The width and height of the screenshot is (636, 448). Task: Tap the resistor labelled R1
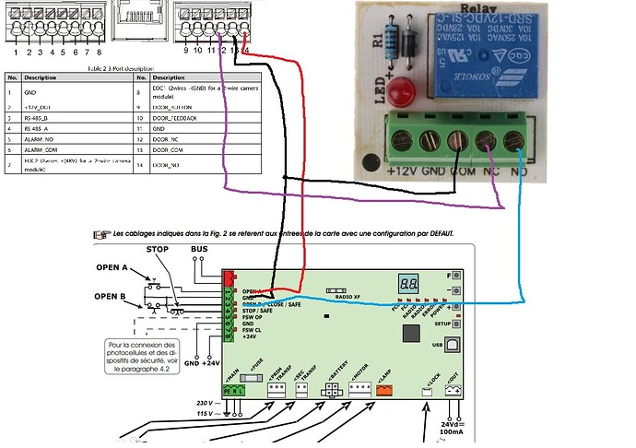point(395,41)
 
